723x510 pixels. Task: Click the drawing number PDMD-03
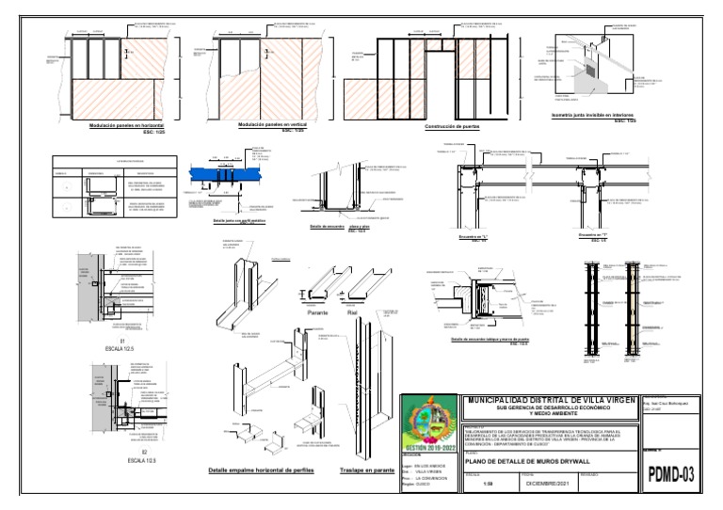coord(672,474)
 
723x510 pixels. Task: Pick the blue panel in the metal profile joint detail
coord(223,173)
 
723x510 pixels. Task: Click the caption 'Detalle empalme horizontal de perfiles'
coord(262,470)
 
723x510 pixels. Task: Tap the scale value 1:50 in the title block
coord(488,486)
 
